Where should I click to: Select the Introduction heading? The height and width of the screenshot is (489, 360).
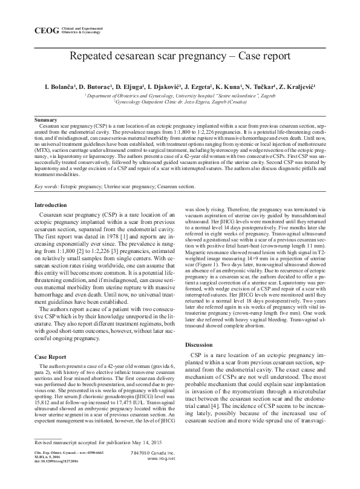tap(51, 206)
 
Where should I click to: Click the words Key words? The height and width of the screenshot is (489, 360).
tap(46, 187)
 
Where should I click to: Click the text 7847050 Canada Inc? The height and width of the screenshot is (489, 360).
tap(152, 470)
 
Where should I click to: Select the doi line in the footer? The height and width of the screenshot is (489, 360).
tap(56, 478)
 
